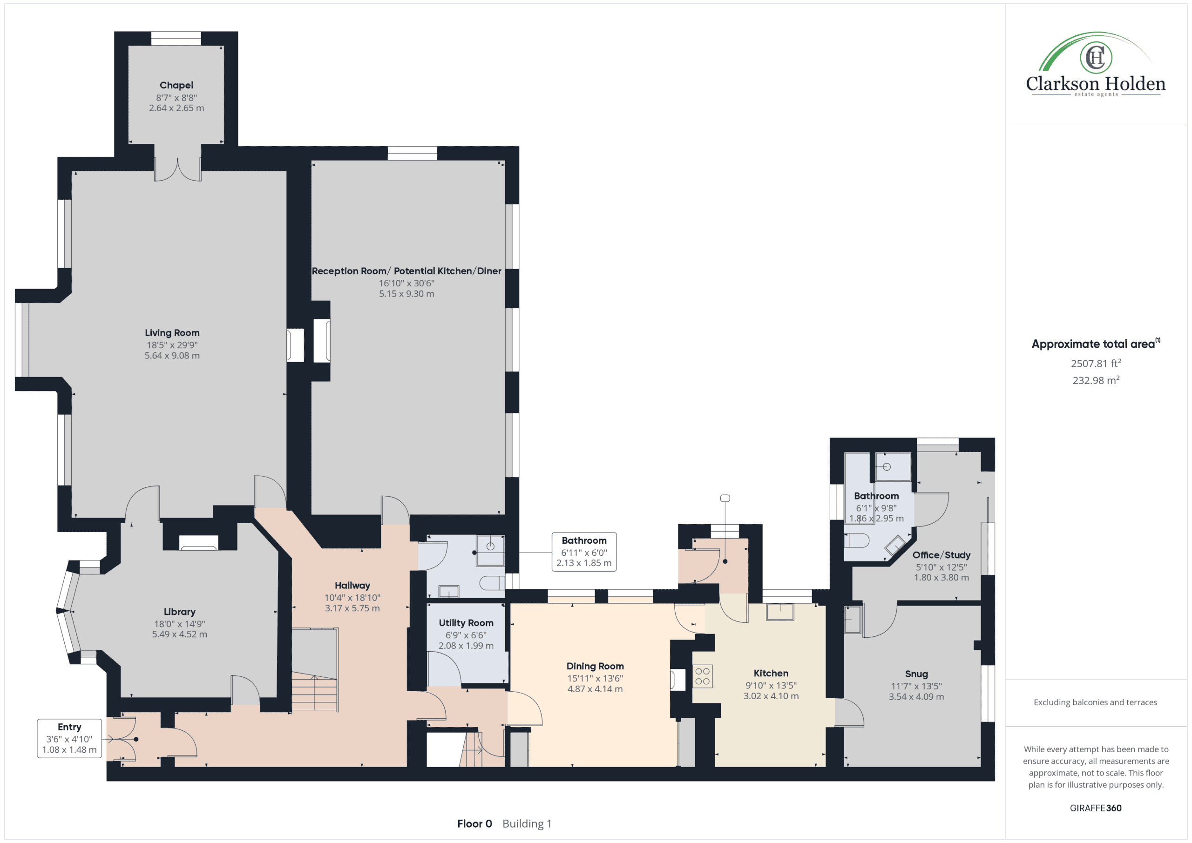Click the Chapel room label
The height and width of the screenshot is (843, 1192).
176,85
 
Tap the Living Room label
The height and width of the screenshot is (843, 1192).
172,333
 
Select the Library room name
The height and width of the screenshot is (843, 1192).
179,612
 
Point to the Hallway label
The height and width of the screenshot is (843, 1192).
352,586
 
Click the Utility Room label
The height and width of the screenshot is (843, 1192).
466,623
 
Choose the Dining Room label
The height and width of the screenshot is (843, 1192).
595,666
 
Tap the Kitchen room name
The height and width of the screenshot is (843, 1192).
771,673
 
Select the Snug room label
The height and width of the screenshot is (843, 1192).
916,674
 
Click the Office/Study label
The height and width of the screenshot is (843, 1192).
941,555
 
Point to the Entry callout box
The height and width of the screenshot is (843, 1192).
69,738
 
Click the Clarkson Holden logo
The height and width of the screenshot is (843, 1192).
1096,64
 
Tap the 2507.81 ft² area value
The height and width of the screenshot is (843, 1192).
1096,364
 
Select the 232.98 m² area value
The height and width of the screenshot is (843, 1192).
1096,380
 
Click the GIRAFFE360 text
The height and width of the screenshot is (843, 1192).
1096,808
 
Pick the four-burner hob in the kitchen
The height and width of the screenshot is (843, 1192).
703,676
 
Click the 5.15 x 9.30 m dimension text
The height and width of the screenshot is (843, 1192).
406,294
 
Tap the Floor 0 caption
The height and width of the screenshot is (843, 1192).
474,824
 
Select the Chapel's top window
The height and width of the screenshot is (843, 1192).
176,39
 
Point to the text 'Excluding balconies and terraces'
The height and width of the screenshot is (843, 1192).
1096,702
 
